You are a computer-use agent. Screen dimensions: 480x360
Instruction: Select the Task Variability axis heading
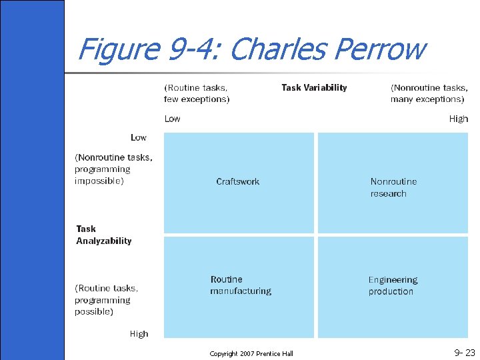314,87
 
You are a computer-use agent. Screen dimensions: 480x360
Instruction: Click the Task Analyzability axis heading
104,235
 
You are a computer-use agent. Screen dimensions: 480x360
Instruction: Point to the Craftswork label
238,181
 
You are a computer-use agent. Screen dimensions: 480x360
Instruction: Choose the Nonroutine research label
393,187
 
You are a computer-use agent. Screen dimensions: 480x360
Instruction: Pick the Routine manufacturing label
241,285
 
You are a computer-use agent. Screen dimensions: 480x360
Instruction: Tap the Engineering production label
393,286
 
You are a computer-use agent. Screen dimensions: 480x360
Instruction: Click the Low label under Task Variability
172,119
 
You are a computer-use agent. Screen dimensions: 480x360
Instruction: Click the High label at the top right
458,119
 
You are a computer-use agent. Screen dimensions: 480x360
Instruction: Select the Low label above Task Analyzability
138,137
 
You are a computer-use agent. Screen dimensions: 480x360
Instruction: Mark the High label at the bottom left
139,333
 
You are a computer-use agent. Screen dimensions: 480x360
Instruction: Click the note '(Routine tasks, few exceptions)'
197,93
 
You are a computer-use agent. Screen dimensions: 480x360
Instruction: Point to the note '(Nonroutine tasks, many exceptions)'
429,93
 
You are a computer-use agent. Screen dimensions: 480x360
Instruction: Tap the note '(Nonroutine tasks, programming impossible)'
113,169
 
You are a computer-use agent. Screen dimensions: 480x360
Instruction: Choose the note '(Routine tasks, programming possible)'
107,300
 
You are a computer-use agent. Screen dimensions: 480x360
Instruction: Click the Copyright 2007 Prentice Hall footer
251,353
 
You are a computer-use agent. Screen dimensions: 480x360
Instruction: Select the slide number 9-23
464,353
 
